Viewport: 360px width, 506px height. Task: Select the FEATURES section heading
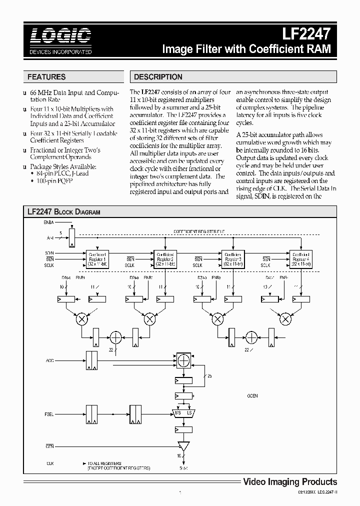[46, 77]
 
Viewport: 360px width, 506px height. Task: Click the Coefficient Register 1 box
[97, 258]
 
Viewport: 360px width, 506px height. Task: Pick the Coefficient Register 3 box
[232, 258]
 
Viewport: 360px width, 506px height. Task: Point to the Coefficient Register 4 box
[300, 258]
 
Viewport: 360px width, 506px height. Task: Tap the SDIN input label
[49, 253]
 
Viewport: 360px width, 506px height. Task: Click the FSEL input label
[49, 414]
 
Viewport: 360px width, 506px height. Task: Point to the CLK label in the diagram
[49, 464]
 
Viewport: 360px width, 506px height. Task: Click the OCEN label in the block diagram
[252, 396]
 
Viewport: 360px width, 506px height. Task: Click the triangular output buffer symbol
[183, 445]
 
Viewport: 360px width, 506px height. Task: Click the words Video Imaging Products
[290, 482]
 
